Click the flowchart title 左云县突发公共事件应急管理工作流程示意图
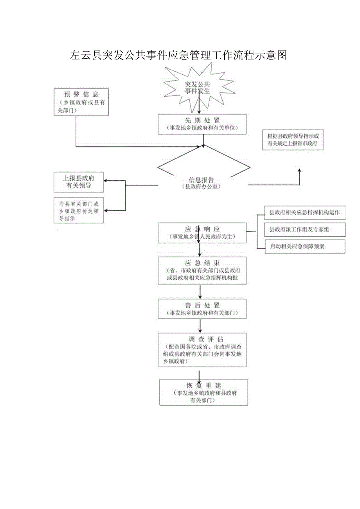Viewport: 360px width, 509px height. (x=178, y=55)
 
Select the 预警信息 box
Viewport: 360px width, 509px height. (x=81, y=102)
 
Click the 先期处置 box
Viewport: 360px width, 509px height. (x=202, y=124)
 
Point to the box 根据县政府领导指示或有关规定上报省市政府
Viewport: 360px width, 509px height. (x=293, y=140)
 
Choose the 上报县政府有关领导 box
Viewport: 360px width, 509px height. (x=79, y=182)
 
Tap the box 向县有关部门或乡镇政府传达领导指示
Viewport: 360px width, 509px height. (x=79, y=210)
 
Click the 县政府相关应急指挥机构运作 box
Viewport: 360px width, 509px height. (x=305, y=212)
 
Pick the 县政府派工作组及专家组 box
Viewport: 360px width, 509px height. (x=305, y=230)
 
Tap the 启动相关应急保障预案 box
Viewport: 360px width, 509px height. (x=305, y=246)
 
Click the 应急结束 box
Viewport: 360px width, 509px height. (x=202, y=270)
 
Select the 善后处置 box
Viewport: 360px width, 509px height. (x=202, y=309)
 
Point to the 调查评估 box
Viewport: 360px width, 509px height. (x=202, y=350)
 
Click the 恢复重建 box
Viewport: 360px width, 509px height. (x=203, y=392)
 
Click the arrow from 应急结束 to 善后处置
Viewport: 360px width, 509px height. (x=200, y=292)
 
